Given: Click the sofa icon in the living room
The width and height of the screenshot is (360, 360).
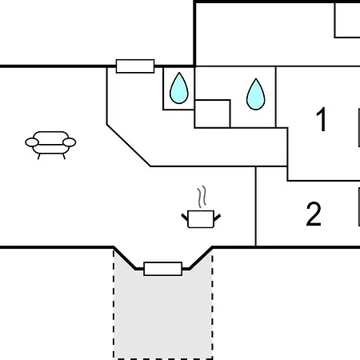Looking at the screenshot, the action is pos(50,144).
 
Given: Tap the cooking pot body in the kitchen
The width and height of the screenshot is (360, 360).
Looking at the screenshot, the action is pos(201,219).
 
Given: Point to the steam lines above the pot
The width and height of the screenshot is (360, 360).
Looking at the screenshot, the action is pos(202,197).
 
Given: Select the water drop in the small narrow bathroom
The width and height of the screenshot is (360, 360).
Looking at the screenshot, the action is pos(179,88).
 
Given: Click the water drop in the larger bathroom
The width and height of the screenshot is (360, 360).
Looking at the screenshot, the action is pos(256,94).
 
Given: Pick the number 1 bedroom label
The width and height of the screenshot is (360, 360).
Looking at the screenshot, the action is pos(322,119).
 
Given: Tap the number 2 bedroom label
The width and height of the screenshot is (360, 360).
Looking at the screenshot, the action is pos(314,214).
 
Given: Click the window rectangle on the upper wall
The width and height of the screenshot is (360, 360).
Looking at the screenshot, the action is pos(135,66).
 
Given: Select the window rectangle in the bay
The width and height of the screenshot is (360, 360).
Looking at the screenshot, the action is pos(163,269).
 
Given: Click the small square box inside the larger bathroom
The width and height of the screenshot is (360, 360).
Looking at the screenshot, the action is pos(213,114).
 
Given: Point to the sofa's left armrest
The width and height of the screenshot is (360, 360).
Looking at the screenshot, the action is pos(32,142).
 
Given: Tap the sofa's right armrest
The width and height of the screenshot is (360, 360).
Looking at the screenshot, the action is pos(70,142).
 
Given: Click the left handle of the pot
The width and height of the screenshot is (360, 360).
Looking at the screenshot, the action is pos(185,217).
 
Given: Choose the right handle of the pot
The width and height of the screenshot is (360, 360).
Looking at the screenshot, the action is pos(217,218).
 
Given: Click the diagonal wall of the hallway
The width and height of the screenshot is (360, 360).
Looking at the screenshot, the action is pos(129,146).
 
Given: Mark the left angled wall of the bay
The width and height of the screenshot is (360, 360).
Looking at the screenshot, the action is pos(125,258).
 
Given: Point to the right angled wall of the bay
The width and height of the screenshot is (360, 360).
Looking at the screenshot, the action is pos(201,258).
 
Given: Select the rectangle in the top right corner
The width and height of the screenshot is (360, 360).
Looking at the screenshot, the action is pos(347,20).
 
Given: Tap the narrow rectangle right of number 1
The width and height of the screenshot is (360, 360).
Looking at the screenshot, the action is pos(359,127).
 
